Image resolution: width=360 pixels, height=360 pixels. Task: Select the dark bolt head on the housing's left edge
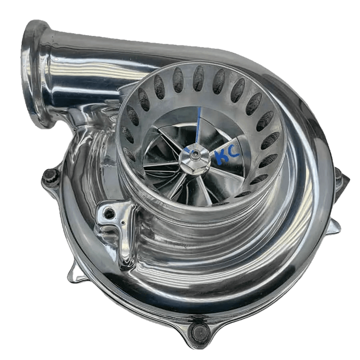tap(51, 176)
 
